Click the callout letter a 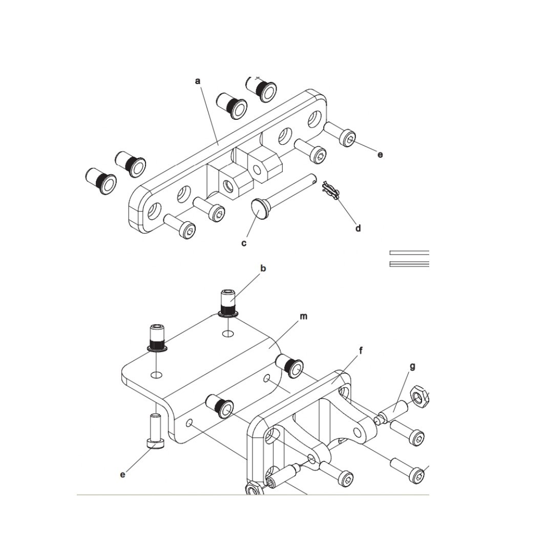[x=198, y=81]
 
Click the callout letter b [x=263, y=268]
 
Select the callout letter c [x=244, y=243]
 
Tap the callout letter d [x=358, y=228]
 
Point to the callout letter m [x=304, y=317]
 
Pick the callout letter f [x=361, y=351]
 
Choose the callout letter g [x=412, y=367]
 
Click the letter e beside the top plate [x=380, y=155]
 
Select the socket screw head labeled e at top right [x=348, y=138]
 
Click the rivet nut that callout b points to [x=228, y=302]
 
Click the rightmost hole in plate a [x=315, y=119]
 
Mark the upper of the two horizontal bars [x=409, y=253]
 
